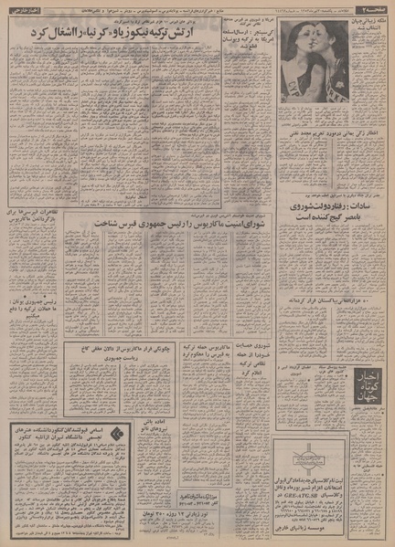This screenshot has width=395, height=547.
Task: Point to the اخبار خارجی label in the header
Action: [x=24, y=9]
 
